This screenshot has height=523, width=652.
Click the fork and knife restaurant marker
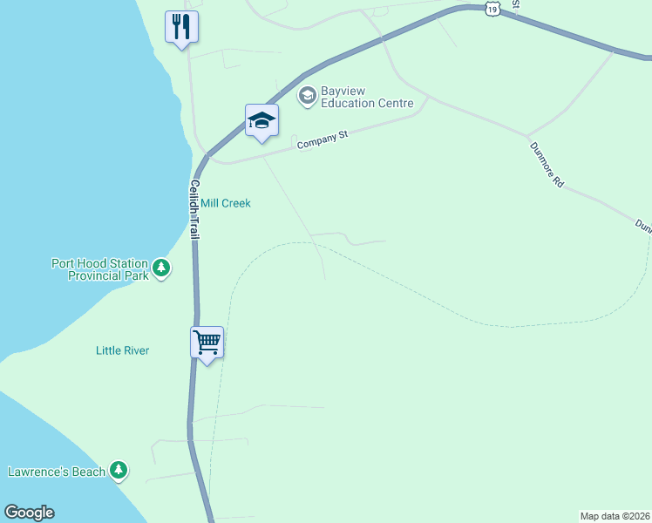[x=181, y=27]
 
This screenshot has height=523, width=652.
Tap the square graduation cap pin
[x=261, y=120]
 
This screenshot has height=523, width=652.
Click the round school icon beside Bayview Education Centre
[x=307, y=95]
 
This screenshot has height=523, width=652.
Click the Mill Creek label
[x=225, y=203]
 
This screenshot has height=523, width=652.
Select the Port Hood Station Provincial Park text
[x=100, y=268]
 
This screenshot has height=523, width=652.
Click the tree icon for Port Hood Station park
[x=161, y=268]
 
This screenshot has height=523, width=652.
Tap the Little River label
[x=122, y=350]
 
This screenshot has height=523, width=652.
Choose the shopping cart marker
[x=207, y=343]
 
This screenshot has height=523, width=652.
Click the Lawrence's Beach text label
[x=57, y=472]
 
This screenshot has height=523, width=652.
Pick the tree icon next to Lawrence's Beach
[x=119, y=472]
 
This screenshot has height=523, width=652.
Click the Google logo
[x=29, y=513]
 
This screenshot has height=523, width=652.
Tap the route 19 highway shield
[x=493, y=8]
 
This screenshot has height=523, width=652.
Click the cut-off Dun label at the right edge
[x=643, y=225]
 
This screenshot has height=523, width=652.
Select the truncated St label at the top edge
[x=515, y=4]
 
